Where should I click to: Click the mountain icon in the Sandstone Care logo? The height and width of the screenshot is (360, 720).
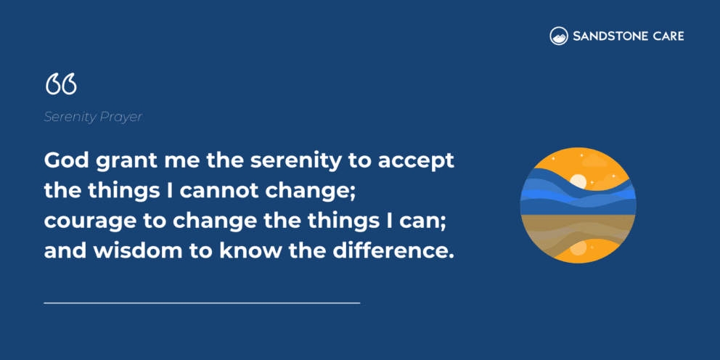pos(558,36)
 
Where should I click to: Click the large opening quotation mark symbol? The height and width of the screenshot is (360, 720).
pos(60,84)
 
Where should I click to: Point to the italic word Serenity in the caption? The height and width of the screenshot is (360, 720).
pos(70,117)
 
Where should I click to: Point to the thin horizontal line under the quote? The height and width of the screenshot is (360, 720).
pos(202,302)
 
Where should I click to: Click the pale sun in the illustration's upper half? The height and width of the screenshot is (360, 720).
pos(578,181)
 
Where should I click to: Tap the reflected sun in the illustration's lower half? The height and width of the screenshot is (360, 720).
pos(578,248)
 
